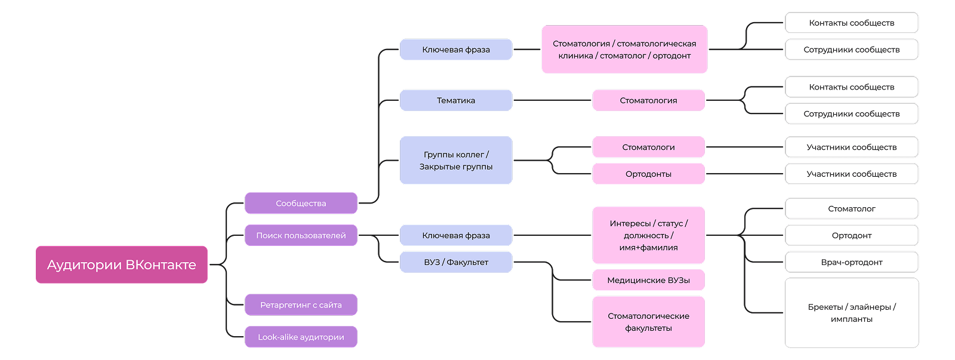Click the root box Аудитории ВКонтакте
coord(122,264)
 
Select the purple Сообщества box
coord(301,203)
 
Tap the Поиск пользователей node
coord(301,235)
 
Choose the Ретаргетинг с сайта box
coord(301,304)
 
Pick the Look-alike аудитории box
coord(301,337)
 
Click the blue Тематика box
coord(456,100)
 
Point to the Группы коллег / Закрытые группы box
coord(456,160)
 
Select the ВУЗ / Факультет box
coord(456,262)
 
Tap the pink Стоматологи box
coord(648,147)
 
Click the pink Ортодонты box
coord(648,174)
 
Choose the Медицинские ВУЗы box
coord(648,280)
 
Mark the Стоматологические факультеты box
coord(648,322)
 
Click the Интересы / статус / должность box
coord(648,235)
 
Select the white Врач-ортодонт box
coord(851,262)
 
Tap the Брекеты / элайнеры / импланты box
coord(851,313)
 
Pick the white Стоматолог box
coord(851,208)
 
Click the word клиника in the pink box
coord(575,56)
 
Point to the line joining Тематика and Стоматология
coord(552,100)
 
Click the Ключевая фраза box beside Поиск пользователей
coord(456,235)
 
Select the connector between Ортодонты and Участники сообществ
coord(744,174)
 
